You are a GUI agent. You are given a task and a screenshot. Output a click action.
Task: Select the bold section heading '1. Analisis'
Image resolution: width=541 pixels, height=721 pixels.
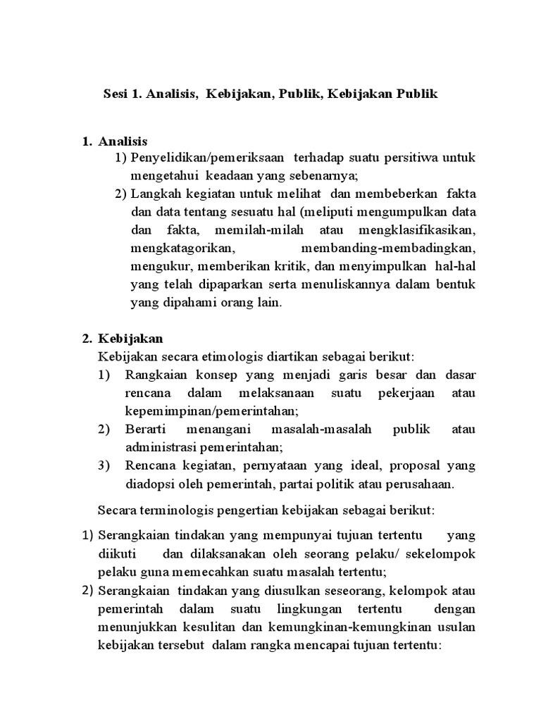pos(115,142)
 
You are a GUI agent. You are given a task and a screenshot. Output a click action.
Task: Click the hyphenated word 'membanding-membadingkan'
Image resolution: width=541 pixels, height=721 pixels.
pos(388,249)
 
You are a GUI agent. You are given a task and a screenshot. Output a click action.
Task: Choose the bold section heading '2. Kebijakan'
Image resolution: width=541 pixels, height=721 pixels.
pos(123,339)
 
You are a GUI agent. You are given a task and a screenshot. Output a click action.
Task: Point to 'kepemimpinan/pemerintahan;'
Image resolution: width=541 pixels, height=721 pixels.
pos(212,411)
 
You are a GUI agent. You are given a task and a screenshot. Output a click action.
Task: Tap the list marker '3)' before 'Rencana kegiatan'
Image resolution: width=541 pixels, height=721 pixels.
pos(104,465)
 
